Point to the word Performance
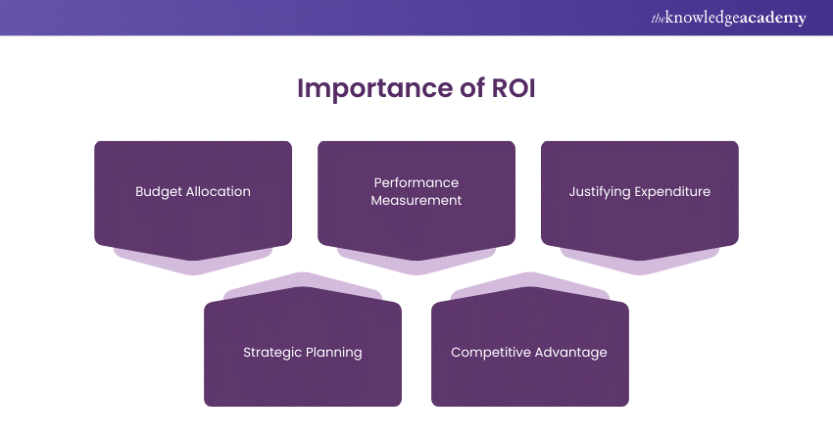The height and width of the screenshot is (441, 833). [x=416, y=182]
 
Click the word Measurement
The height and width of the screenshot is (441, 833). [x=416, y=200]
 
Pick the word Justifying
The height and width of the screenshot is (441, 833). [x=601, y=191]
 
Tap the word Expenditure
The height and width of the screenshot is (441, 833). [x=672, y=191]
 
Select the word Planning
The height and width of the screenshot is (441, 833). [x=332, y=352]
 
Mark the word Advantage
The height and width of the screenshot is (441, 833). [x=570, y=352]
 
